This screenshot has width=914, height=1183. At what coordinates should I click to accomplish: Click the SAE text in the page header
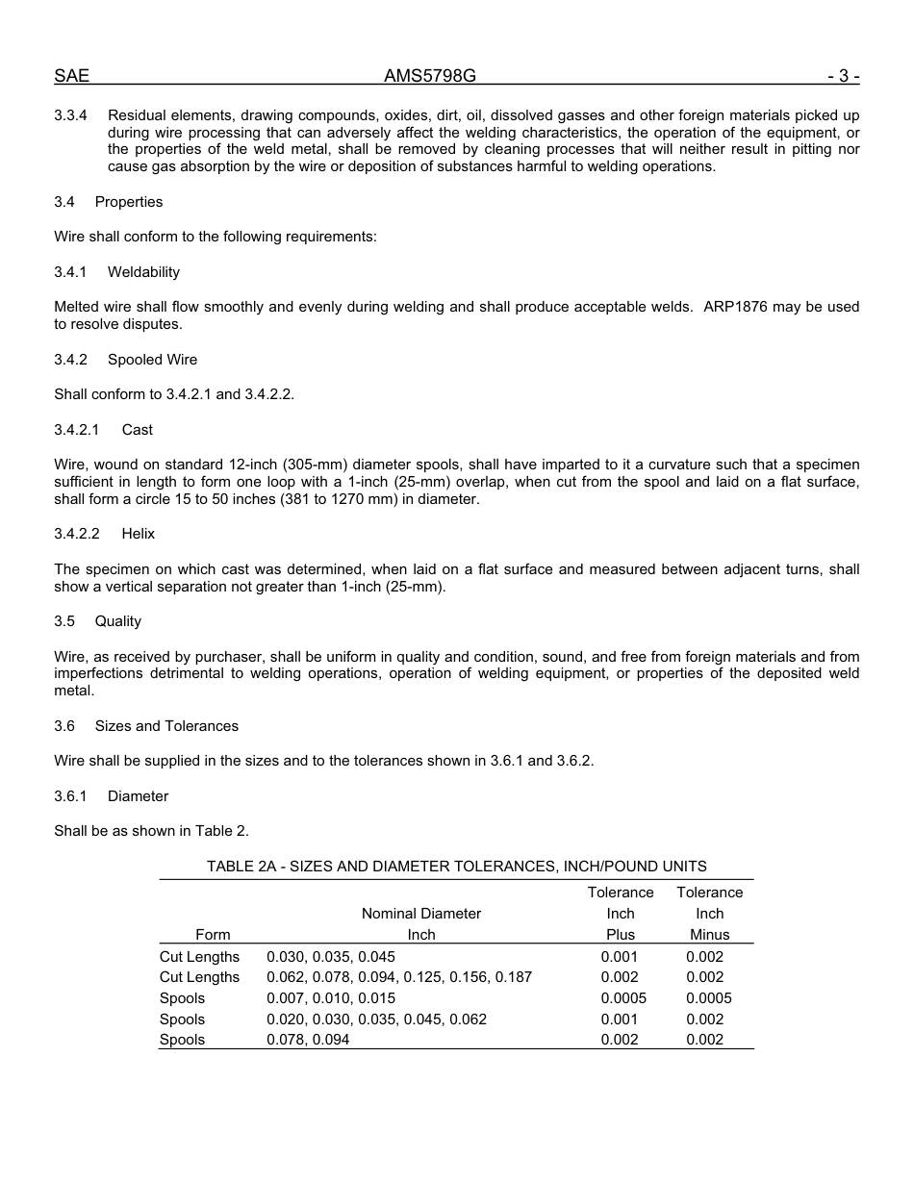[x=71, y=76]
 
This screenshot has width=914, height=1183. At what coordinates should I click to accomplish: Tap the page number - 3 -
[x=842, y=76]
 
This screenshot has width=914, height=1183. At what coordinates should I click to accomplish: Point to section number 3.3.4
[x=71, y=115]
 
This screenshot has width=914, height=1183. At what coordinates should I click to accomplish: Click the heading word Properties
[x=129, y=202]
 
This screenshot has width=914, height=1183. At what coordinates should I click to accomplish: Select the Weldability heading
[x=143, y=272]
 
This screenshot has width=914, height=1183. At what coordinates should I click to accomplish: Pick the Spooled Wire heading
[x=152, y=360]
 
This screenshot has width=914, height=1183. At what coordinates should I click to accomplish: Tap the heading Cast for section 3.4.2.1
[x=138, y=430]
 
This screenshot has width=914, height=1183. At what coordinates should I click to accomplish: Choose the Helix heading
[x=139, y=534]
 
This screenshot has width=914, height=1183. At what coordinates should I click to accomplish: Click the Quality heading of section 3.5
[x=118, y=621]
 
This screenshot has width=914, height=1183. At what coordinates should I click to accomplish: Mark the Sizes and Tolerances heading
[x=166, y=726]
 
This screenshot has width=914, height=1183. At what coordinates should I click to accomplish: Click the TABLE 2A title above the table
[x=456, y=867]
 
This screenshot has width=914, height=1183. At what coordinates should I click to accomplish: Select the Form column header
[x=213, y=935]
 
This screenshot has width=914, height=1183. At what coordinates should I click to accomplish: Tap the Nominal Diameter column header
[x=421, y=914]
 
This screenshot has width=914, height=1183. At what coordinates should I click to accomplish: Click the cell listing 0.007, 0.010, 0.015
[x=331, y=998]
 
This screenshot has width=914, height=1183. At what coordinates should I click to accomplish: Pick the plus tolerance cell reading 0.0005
[x=623, y=998]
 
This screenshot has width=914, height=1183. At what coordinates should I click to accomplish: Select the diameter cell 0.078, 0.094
[x=308, y=1040]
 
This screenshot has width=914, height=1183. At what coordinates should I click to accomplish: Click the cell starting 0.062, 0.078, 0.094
[x=399, y=977]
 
